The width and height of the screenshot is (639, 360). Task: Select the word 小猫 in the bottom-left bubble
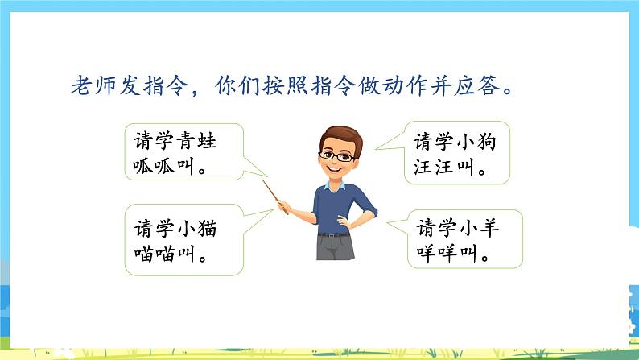point(197,227)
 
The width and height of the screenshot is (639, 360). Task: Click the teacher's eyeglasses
point(337,155)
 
